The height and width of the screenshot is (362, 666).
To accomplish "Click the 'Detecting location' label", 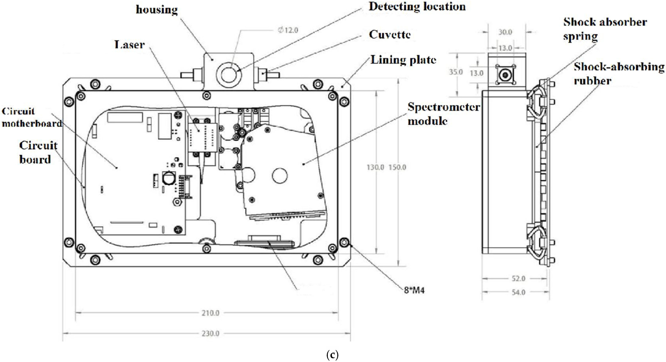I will click(x=417, y=6).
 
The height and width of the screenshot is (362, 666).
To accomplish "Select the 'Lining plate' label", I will click(x=403, y=60).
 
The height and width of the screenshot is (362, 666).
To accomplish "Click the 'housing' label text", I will click(x=157, y=10).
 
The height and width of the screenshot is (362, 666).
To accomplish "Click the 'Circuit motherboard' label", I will click(x=32, y=117).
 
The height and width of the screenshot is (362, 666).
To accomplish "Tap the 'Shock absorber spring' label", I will click(x=605, y=29).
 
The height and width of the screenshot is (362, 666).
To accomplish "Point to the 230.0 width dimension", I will click(x=211, y=334).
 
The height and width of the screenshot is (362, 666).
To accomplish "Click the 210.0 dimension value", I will click(x=211, y=313).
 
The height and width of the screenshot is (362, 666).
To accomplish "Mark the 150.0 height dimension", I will click(x=397, y=167).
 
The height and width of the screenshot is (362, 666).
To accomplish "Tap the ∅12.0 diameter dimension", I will click(x=288, y=30).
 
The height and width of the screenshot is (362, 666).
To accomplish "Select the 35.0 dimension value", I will click(x=455, y=72).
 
